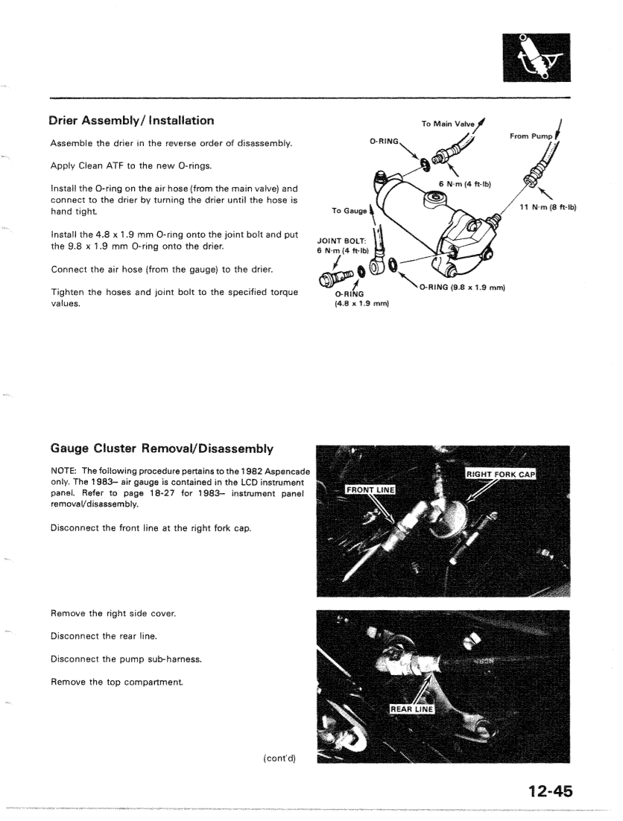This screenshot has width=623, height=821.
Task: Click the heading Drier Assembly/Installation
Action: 131,120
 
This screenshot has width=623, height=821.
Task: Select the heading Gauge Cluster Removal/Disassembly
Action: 162,449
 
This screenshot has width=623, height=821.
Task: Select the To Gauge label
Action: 342,211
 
